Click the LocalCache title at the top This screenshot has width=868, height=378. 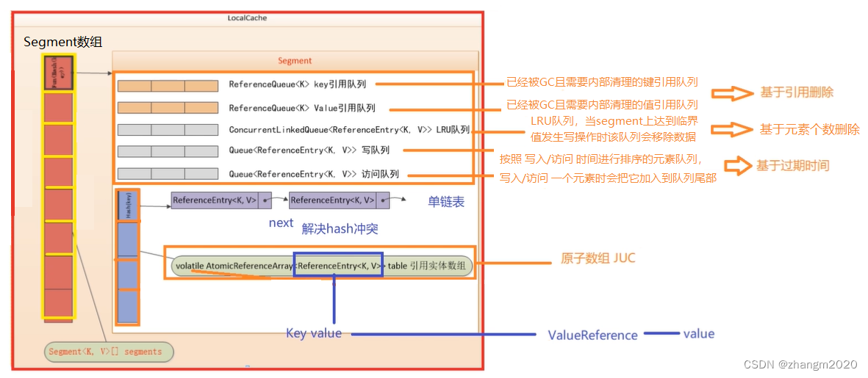click(x=246, y=17)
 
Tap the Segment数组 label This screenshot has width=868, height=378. click(x=63, y=43)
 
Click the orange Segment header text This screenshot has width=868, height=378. click(x=295, y=61)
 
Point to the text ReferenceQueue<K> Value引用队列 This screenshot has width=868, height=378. click(x=302, y=108)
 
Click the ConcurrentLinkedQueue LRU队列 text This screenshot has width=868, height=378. click(x=349, y=130)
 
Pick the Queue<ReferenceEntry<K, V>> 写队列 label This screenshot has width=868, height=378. click(x=309, y=150)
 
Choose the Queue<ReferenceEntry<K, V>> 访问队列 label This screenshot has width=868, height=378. click(x=314, y=174)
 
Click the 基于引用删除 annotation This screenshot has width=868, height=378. click(x=797, y=93)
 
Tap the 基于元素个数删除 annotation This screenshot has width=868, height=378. click(x=809, y=130)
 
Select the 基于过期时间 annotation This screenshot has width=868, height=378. click(x=792, y=166)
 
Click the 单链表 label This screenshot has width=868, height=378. click(x=446, y=202)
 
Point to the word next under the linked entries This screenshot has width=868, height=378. click(x=281, y=223)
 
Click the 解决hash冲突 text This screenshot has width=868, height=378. click(x=340, y=228)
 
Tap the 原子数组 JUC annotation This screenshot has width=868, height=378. click(x=598, y=258)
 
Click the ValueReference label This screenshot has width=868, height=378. click(x=592, y=335)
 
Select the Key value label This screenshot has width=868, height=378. click(x=314, y=333)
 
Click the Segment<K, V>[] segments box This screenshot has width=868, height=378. click(x=108, y=352)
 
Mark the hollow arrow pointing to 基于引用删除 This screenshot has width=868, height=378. click(x=727, y=93)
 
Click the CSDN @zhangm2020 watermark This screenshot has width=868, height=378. click(x=800, y=365)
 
